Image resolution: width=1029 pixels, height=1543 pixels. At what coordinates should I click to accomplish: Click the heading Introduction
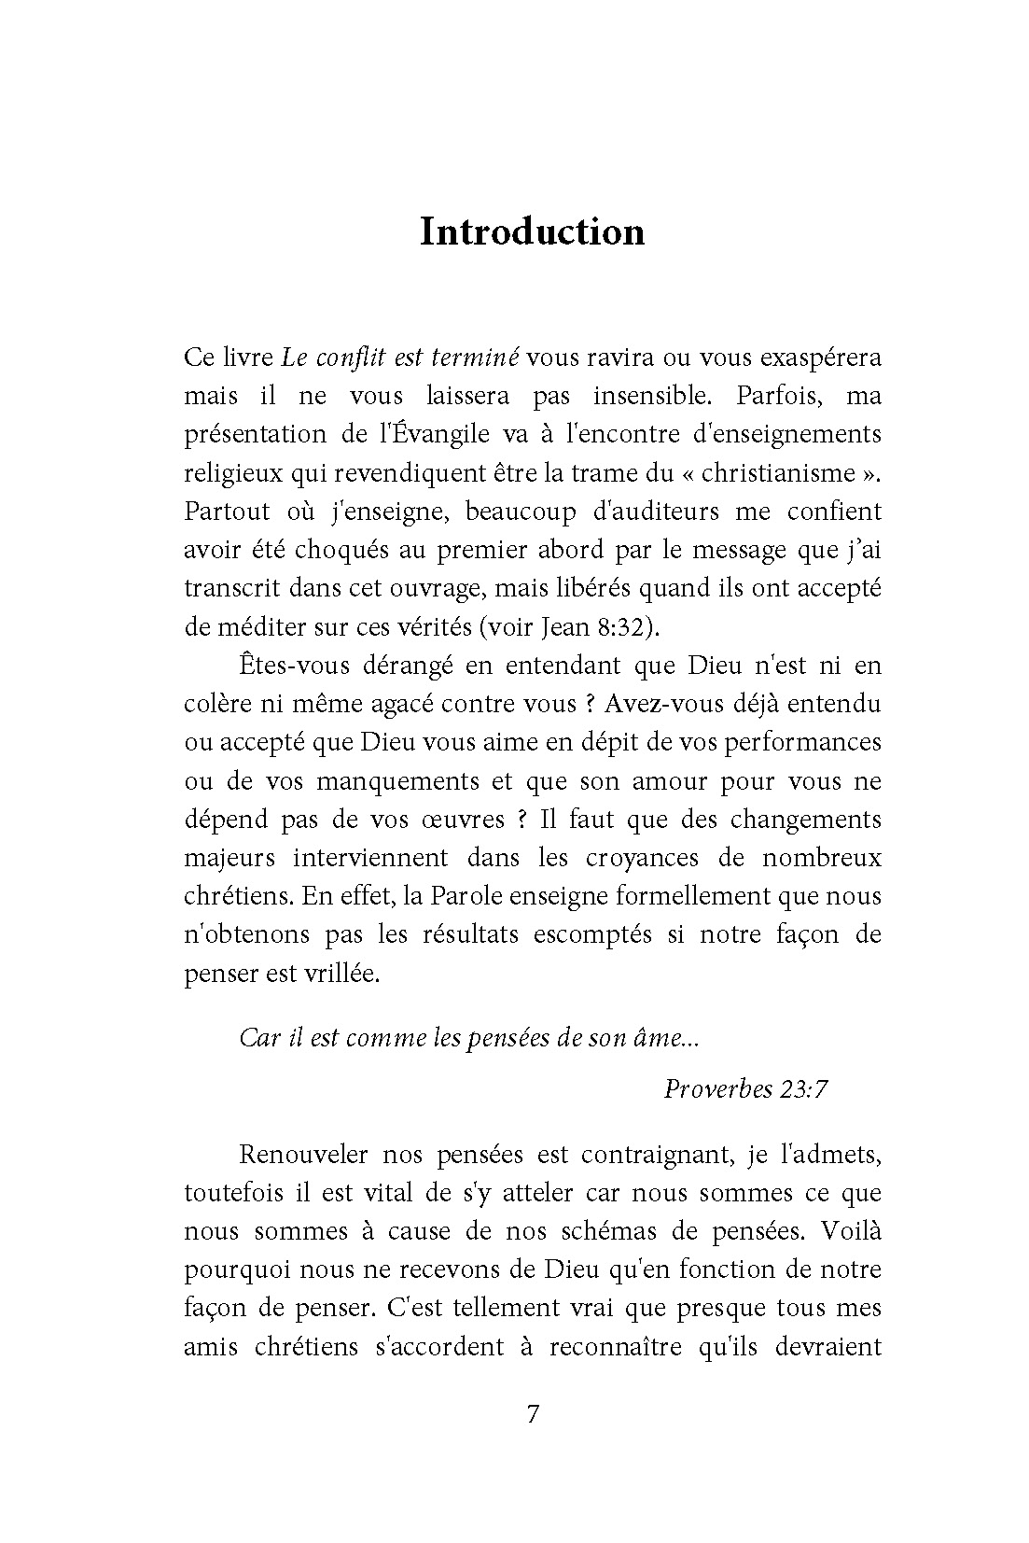coord(532,231)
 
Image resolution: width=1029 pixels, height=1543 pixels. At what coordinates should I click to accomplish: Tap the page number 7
coord(533,1413)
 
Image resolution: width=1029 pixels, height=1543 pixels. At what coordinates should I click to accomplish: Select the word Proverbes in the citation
coord(717,1088)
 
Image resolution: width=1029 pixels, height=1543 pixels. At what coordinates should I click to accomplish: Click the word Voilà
coord(850,1231)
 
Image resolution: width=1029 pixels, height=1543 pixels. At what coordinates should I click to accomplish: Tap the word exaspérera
coord(821,358)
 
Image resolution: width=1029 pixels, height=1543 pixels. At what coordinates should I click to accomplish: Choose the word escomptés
coord(592,934)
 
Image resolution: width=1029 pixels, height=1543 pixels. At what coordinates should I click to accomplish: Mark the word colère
coord(217,704)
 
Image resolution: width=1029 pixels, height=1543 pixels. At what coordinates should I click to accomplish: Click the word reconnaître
coord(611,1347)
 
